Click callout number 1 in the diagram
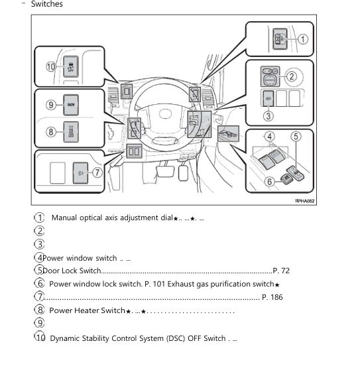tap(303, 39)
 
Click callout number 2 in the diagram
tap(291, 76)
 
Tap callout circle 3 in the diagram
tap(269, 115)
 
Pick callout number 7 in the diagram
tap(97, 172)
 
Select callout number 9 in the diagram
tap(50, 104)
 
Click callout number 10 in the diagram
tap(51, 66)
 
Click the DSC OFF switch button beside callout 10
tap(70, 66)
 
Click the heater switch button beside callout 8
tap(70, 131)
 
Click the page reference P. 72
tap(281, 271)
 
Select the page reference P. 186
tap(272, 297)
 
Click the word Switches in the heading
tap(47, 5)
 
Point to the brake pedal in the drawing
tap(159, 173)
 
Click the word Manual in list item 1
tap(64, 218)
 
